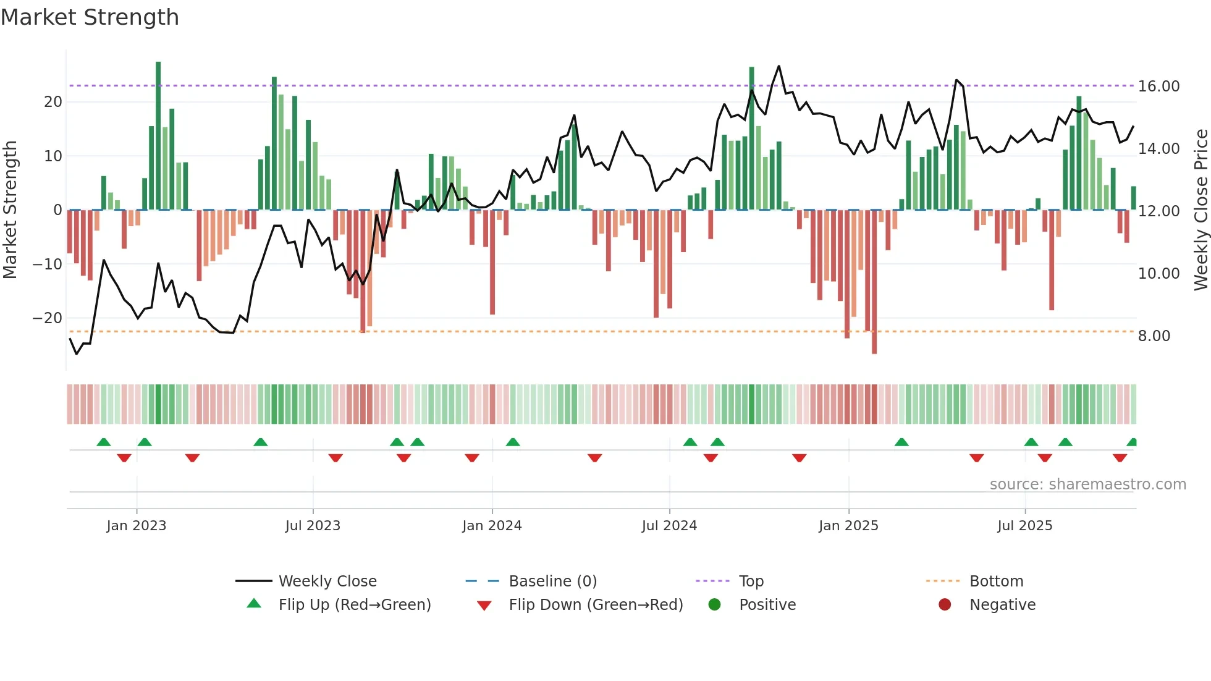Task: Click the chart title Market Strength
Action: point(90,17)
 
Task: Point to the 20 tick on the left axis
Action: point(53,102)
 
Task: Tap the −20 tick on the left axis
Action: point(48,318)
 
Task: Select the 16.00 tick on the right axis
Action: point(1158,87)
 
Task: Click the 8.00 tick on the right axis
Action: point(1154,336)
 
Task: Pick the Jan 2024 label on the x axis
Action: point(492,526)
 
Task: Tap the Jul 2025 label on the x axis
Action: point(1024,526)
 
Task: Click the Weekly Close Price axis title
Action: point(1200,210)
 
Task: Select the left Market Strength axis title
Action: point(10,210)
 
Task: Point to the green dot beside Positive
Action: point(714,605)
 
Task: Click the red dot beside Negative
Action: point(945,605)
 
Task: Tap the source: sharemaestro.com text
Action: point(1087,484)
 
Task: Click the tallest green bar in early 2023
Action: point(158,136)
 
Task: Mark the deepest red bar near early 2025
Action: point(874,281)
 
